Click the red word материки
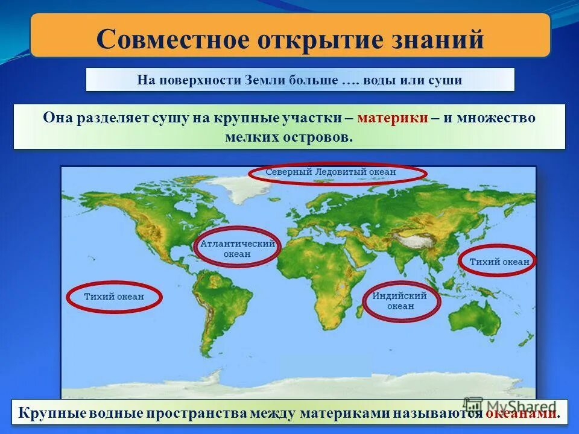pos(393,118)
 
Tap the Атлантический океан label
pos(237,250)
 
